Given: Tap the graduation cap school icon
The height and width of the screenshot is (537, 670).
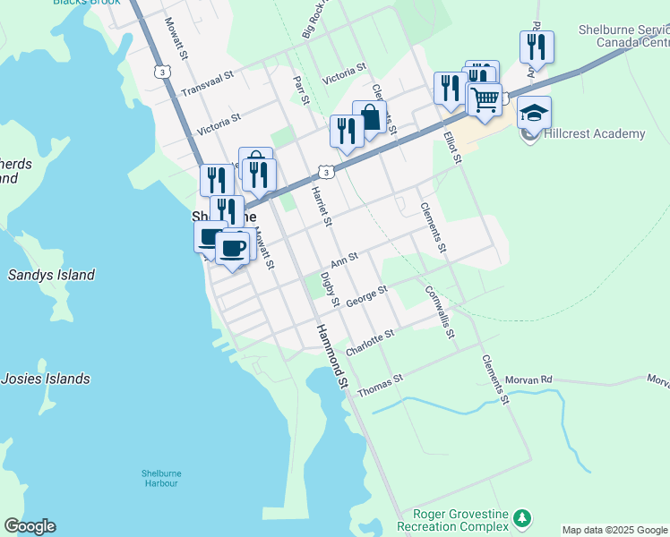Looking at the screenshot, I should [x=534, y=113].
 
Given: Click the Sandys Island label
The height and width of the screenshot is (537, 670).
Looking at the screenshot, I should [x=51, y=275].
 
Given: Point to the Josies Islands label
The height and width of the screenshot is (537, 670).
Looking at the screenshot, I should [x=45, y=379].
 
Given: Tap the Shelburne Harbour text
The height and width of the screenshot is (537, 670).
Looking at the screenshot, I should [x=159, y=478].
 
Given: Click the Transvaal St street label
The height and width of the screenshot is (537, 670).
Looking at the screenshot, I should [x=212, y=86].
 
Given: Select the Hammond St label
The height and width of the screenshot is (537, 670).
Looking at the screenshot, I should [x=331, y=355].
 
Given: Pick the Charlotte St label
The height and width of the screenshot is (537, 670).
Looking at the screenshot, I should [x=371, y=341].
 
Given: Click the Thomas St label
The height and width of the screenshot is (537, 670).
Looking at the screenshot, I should [x=381, y=387].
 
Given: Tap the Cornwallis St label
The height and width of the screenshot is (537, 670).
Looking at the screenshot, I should [x=441, y=312].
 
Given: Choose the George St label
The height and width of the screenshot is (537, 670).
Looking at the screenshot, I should [x=366, y=296].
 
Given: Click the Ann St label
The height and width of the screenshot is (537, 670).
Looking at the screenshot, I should [x=344, y=260].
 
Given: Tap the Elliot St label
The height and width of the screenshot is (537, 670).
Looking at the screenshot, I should [x=451, y=148].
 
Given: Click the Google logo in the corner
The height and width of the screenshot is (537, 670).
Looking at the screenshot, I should [x=30, y=526].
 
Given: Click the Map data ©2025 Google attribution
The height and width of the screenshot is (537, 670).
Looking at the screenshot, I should [x=614, y=530].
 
